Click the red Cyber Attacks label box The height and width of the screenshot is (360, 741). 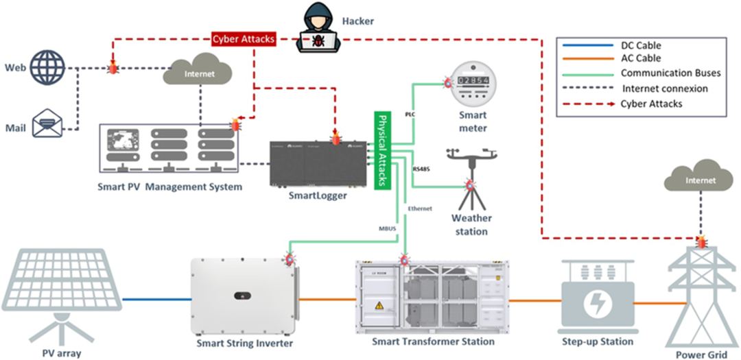244,39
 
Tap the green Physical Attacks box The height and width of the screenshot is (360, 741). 381,149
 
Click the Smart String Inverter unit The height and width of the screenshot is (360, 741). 244,296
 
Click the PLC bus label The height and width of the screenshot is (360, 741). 410,114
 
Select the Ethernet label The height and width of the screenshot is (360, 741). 419,208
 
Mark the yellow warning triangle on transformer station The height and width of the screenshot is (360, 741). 377,305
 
